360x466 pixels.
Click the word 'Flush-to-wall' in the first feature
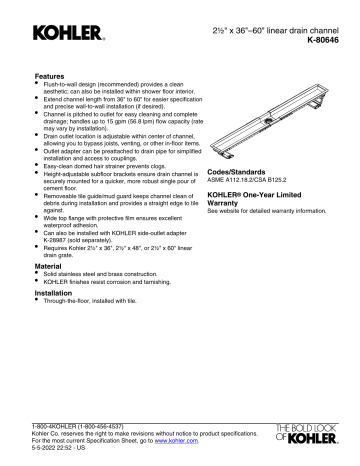tap(62, 85)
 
